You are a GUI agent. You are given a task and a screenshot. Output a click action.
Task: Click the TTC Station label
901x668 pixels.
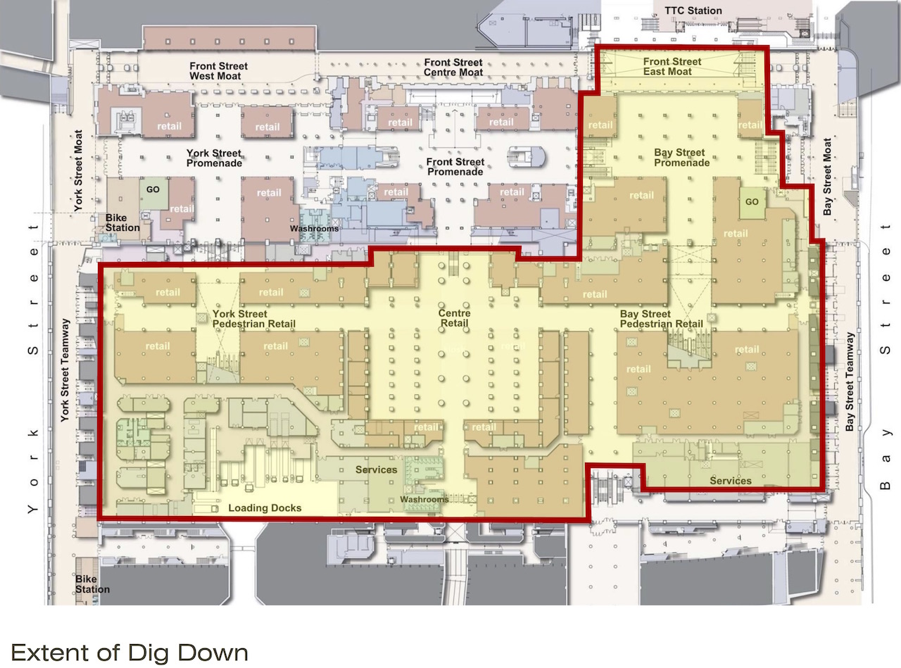693,11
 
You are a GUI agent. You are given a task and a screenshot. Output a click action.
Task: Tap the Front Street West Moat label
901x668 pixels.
218,71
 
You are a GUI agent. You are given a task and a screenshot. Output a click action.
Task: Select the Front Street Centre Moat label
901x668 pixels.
453,68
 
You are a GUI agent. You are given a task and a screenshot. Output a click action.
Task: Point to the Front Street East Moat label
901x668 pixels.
672,67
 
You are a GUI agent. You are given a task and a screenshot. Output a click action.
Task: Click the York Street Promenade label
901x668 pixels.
214,158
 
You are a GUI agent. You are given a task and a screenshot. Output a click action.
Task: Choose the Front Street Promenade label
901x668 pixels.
455,167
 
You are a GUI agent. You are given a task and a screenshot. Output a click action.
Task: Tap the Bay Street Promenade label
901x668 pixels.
681,158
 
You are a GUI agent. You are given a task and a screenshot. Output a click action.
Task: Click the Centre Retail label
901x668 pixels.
454,318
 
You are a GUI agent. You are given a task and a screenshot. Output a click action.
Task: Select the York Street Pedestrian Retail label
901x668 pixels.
254,319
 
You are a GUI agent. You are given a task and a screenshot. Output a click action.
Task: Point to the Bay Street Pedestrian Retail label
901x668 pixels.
662,319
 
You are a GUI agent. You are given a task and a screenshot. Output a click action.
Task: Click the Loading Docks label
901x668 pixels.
265,508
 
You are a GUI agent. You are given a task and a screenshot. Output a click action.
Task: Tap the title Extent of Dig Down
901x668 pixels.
130,653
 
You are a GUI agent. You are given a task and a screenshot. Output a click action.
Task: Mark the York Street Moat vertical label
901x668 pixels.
78,170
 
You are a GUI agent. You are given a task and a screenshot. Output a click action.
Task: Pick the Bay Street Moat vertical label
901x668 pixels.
827,177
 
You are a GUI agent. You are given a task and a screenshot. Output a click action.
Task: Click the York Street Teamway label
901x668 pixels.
65,370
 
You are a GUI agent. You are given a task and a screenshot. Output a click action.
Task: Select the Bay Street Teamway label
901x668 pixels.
850,382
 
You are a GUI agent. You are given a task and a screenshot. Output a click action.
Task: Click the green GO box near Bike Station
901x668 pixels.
153,193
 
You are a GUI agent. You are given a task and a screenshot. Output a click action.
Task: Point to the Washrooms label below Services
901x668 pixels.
424,499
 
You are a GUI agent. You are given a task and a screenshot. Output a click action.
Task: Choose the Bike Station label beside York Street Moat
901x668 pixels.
122,222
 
